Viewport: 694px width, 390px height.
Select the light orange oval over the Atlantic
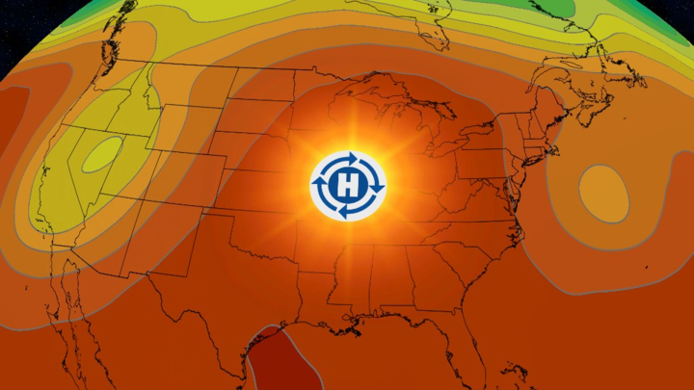point(603,191)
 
